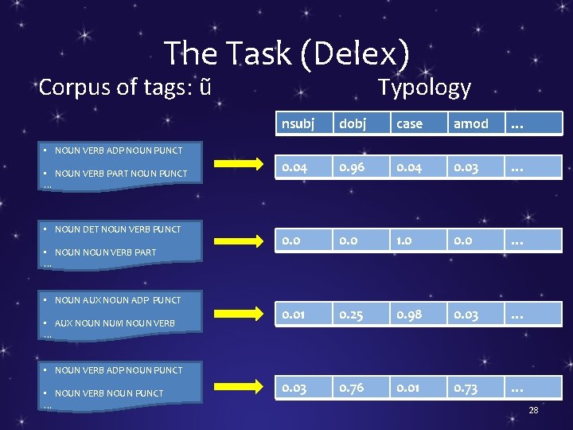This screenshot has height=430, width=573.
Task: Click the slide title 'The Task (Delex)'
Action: click(286, 53)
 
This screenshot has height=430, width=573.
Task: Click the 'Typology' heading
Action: click(423, 87)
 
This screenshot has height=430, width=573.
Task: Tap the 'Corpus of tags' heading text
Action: click(125, 87)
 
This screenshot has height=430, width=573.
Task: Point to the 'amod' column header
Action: click(471, 123)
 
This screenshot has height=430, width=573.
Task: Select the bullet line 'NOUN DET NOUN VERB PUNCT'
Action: click(118, 229)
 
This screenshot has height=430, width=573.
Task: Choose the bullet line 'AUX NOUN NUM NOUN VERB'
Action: click(115, 323)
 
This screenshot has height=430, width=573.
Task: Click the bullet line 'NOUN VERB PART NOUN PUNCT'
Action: click(121, 174)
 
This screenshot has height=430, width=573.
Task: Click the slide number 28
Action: click(533, 410)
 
